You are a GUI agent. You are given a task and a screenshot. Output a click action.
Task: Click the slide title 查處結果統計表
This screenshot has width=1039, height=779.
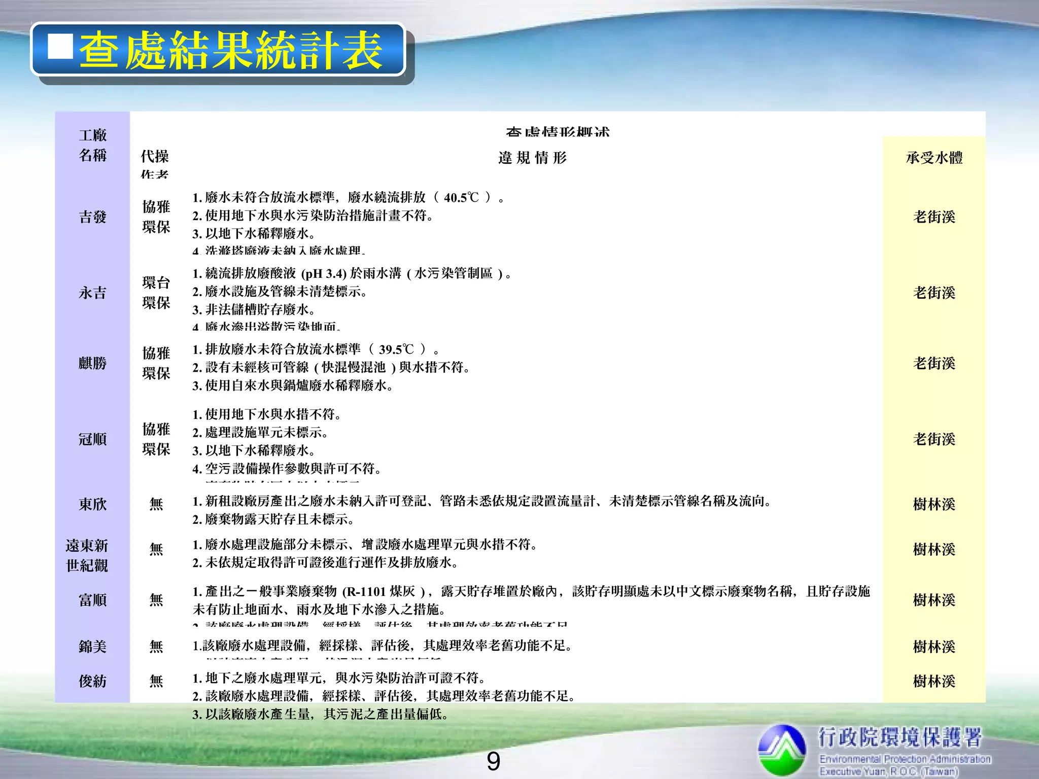[x=231, y=50]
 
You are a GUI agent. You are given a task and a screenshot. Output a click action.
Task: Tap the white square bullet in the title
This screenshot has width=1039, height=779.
[x=60, y=47]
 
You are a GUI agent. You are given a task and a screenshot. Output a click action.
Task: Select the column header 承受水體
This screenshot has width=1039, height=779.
[x=934, y=158]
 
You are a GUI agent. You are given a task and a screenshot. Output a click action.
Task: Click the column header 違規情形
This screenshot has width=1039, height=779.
[x=532, y=158]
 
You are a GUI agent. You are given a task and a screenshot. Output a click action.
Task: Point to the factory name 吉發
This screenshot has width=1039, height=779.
[x=92, y=217]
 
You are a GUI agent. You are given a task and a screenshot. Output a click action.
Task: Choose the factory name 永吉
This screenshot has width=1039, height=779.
[x=92, y=293]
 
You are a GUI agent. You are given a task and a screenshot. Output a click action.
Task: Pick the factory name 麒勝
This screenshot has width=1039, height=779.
[x=92, y=363]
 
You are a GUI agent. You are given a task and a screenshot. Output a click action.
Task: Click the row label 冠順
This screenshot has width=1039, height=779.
[x=92, y=439]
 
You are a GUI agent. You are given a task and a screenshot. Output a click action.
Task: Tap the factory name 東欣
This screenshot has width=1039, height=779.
[x=92, y=504]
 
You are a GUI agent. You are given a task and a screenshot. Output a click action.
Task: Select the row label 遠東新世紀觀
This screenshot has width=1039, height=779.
[x=87, y=555]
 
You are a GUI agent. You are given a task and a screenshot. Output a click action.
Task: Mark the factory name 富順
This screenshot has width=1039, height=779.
[x=92, y=600]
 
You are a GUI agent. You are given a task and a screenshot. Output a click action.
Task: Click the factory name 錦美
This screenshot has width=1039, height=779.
[x=92, y=647]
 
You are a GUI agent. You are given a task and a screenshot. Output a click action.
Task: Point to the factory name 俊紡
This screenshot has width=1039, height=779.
[x=92, y=681]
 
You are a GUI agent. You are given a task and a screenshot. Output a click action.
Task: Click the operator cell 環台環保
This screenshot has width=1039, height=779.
[x=156, y=293]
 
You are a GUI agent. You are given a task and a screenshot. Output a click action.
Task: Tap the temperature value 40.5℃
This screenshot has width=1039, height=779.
[x=461, y=197]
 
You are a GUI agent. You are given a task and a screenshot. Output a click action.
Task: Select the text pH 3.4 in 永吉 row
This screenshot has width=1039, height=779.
[x=324, y=274]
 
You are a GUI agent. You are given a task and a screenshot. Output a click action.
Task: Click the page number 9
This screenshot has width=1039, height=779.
[x=493, y=761]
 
